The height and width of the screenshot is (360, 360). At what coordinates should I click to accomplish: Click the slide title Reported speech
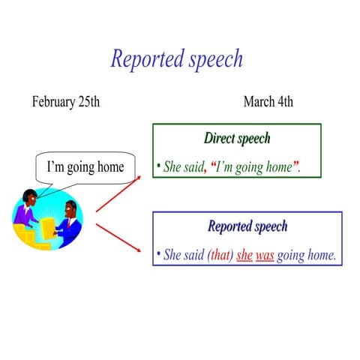pos(177,58)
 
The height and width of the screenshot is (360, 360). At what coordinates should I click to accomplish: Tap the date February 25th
pos(66,102)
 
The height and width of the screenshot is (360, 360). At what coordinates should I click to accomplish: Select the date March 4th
pos(268,102)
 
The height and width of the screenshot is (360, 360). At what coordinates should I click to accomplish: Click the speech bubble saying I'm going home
pos(85,166)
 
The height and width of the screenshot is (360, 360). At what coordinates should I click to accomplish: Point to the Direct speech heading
pos(237,139)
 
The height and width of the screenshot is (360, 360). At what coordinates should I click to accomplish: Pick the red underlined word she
pos(244,256)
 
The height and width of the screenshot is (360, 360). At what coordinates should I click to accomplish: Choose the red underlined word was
pos(265,256)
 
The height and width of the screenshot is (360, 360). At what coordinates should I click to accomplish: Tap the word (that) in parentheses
pos(220,256)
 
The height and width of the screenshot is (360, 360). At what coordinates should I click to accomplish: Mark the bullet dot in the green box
pos(159,166)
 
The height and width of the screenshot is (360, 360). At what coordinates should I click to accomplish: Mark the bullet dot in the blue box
pos(158,255)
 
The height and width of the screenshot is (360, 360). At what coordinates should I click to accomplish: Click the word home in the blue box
pos(320,256)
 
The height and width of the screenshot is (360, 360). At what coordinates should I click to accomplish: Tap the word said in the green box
pos(194,167)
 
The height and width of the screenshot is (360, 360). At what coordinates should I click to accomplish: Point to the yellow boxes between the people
pos(47,229)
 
